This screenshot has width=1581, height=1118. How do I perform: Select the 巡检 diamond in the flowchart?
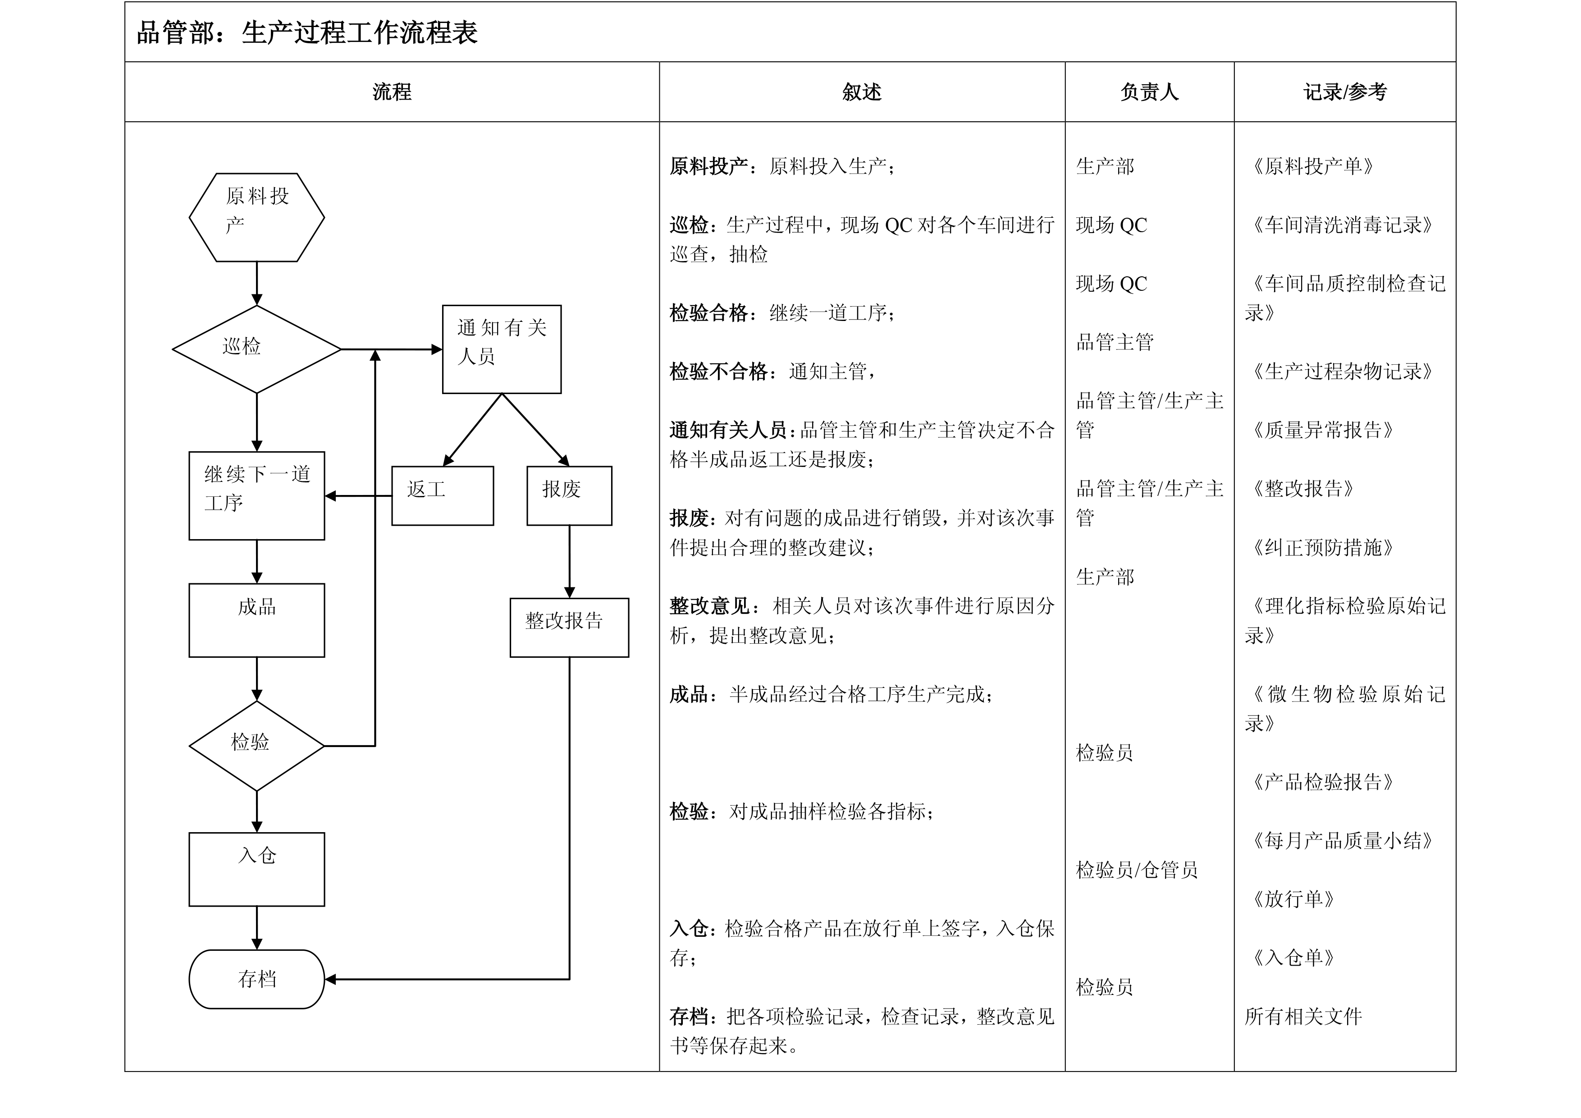[x=257, y=349]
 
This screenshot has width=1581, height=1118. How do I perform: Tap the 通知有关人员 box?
[x=502, y=349]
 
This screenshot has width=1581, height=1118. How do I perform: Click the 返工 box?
[x=443, y=496]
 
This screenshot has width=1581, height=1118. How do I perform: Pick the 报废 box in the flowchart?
[x=570, y=496]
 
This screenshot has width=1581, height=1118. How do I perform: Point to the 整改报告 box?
[x=570, y=628]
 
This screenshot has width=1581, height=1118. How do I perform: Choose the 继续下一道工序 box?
[x=257, y=496]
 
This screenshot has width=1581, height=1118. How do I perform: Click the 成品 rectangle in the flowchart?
[x=257, y=621]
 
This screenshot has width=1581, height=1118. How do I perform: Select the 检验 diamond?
[x=257, y=746]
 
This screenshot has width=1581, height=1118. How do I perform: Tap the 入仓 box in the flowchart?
[x=257, y=869]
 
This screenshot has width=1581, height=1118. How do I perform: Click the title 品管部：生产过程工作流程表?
[x=307, y=32]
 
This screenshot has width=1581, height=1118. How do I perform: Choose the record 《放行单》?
[x=1289, y=899]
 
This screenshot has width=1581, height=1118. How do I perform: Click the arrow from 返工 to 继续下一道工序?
[x=358, y=496]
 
